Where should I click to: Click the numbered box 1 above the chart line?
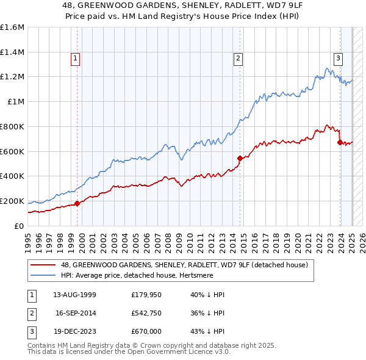pos(75,59)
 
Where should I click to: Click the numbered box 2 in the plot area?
pos(237,59)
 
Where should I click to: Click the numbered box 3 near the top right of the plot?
pos(337,59)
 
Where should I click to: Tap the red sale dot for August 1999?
pos(77,204)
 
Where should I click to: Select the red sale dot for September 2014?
pos(240,159)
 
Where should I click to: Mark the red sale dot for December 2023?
pos(340,143)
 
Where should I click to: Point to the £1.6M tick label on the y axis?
pos(12,27)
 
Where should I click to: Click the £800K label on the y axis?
pos(12,126)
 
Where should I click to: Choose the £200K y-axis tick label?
pos(12,201)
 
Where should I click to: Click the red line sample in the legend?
pos(43,264)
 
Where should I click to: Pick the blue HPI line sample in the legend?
pos(43,275)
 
